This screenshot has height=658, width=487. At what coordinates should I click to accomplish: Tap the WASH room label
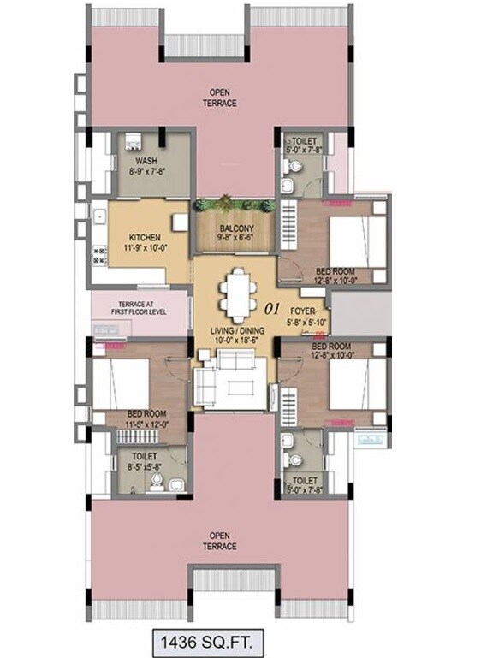pos(146,161)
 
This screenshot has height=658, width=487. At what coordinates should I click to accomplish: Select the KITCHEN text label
pos(146,237)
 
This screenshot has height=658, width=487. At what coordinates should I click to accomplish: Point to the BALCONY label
pos(234,228)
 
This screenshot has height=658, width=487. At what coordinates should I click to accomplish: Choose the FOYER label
pos(303,311)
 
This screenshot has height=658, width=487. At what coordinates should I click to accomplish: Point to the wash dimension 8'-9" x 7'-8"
pos(146,171)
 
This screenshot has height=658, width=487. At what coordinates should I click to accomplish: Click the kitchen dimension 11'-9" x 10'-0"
pos(146,248)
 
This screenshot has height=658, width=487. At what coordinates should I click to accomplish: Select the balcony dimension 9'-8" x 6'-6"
pos(234,239)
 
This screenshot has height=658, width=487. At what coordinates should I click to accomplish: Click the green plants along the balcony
pos(234,204)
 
